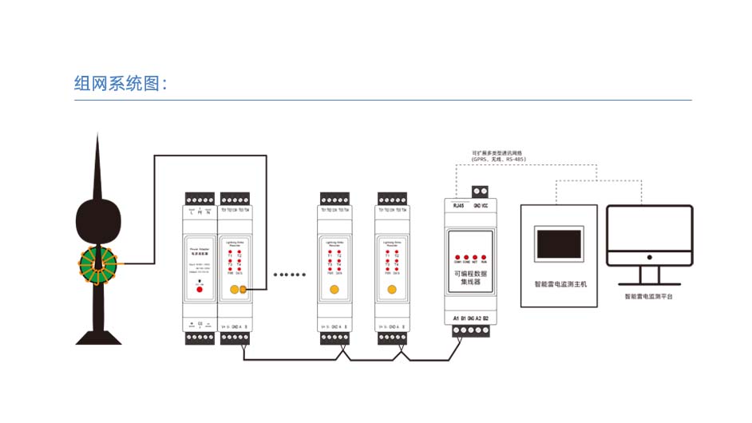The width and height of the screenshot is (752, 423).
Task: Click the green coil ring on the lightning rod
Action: coord(97,263)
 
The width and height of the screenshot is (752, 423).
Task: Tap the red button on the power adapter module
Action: coord(199,289)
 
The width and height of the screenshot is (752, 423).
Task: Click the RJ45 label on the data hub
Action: coord(458,205)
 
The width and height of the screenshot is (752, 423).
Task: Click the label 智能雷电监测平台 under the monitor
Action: coord(648,297)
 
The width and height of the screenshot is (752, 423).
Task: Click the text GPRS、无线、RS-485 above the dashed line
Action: coord(499,159)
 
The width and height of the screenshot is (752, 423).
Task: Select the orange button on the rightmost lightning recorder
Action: coord(391,290)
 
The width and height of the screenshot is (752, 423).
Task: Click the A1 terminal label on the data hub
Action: coord(457,318)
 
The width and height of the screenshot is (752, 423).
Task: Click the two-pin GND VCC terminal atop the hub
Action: coord(481,192)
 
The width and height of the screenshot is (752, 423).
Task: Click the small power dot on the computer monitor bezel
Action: coord(649,258)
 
